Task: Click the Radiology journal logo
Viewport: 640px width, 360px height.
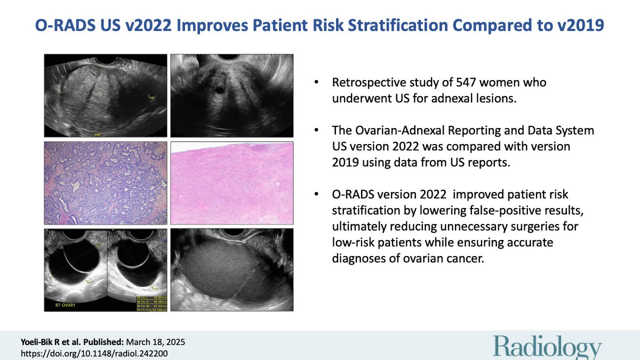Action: pos(546,348)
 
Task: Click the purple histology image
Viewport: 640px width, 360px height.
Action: pos(106,183)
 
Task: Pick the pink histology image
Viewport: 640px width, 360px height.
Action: pos(231,183)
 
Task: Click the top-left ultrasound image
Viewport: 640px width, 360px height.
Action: pos(106,95)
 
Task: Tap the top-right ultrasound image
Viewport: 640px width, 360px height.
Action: pos(231,95)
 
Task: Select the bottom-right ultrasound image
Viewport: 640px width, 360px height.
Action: pos(231,270)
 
